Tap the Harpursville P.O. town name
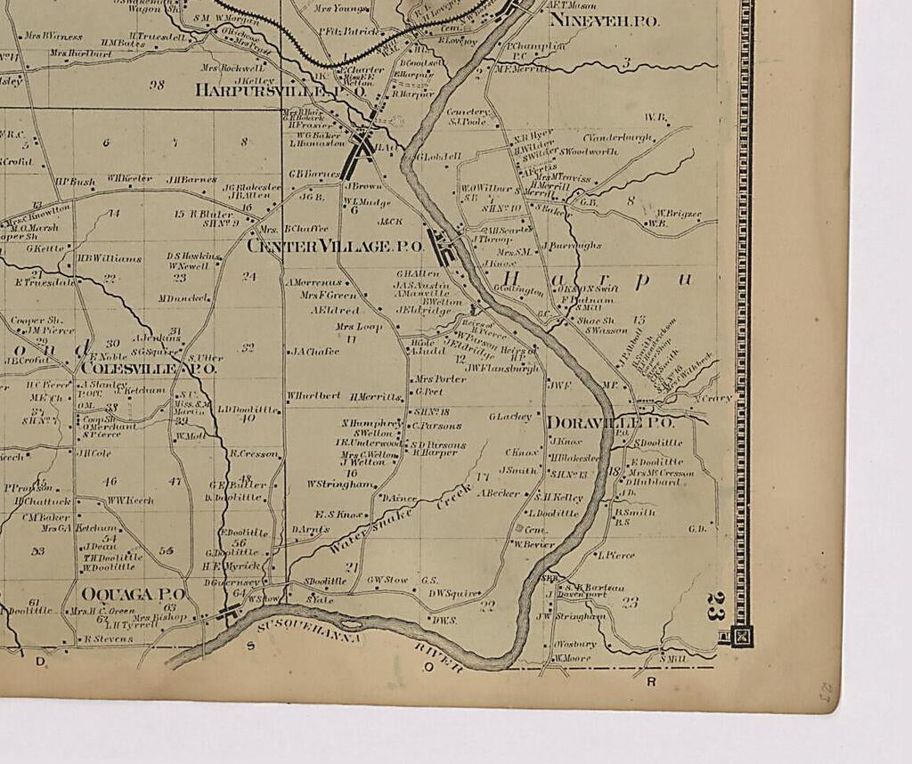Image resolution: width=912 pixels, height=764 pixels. click(x=281, y=90)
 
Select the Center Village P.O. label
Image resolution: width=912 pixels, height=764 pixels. click(x=334, y=246)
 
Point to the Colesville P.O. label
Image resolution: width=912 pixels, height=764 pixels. click(x=148, y=367)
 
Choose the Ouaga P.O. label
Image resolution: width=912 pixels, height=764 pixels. click(x=133, y=593)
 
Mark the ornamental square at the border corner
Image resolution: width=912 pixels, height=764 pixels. click(x=741, y=636)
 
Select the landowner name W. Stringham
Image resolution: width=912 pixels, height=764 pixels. click(x=342, y=484)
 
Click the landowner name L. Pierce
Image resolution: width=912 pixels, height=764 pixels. click(x=616, y=555)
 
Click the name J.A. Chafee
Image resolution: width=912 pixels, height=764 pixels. click(x=313, y=352)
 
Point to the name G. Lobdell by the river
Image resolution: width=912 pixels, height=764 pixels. click(x=439, y=157)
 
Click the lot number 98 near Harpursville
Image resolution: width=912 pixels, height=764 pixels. click(x=158, y=85)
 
